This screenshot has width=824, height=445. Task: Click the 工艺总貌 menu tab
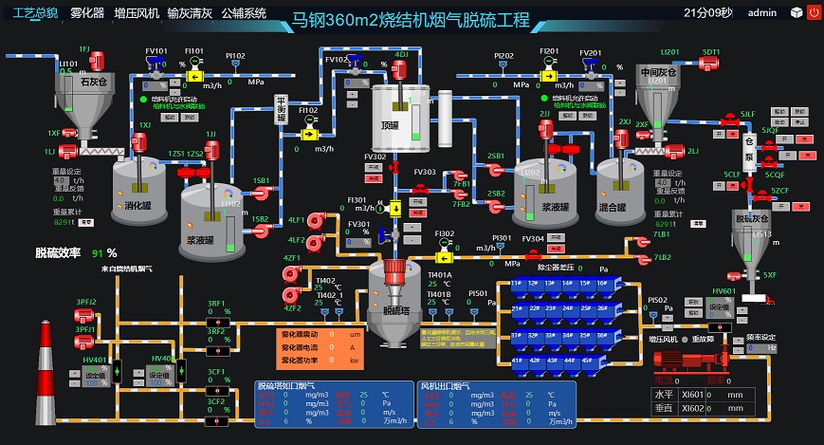point(28,13)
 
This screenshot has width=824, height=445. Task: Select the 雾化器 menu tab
point(87,13)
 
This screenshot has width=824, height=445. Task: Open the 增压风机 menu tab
point(137,13)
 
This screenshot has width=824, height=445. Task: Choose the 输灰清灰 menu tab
point(190,13)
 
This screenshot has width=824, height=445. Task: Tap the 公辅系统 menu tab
point(244,13)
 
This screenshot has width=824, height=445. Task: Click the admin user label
point(762,13)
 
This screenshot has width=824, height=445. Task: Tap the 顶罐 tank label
point(391,124)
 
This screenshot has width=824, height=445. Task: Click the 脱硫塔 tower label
point(395,309)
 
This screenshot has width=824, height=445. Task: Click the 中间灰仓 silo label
point(658,72)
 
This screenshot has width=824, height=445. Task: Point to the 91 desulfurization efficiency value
point(98,253)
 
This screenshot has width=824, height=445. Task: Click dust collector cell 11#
point(518,283)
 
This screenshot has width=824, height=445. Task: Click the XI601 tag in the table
point(693,395)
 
